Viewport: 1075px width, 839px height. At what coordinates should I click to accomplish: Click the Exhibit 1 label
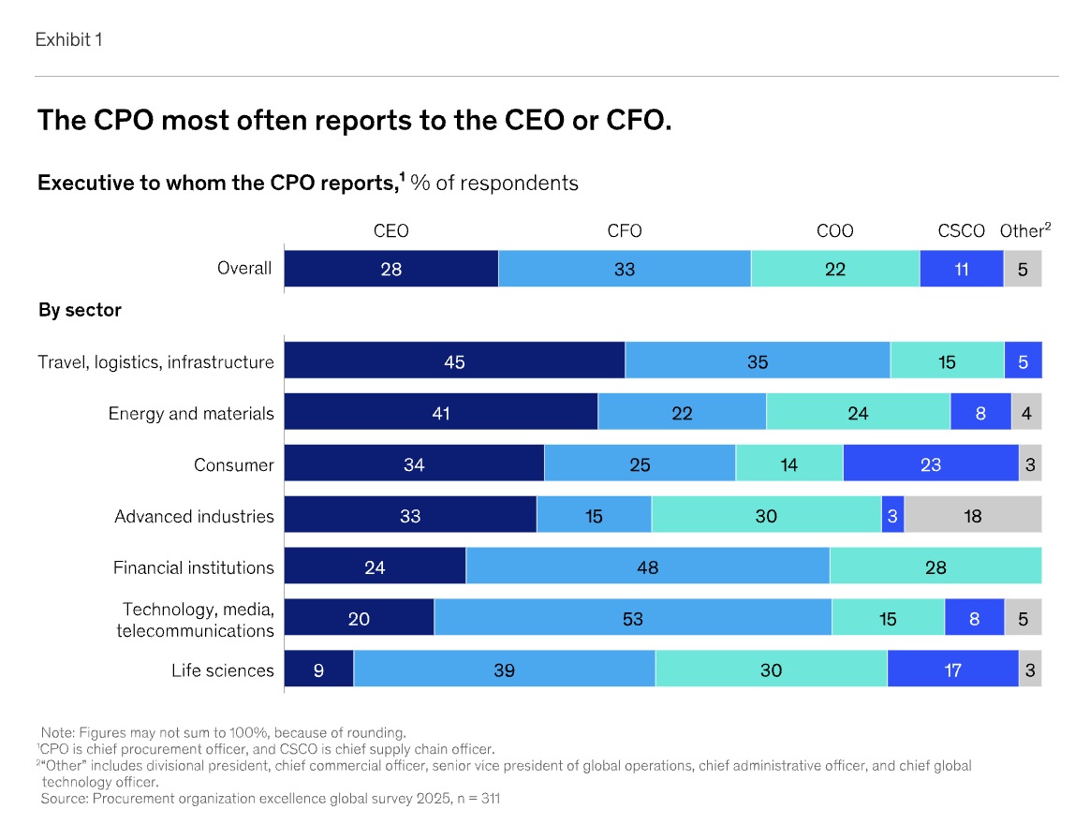click(68, 39)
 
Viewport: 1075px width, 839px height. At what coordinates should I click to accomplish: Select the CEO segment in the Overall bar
click(390, 269)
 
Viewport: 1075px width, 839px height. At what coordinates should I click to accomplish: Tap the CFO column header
click(625, 231)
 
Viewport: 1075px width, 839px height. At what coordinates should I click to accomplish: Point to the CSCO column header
click(961, 231)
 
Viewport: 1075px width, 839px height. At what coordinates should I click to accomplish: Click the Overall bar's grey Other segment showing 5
click(1023, 269)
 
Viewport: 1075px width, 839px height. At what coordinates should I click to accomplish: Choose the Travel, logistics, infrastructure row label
click(156, 362)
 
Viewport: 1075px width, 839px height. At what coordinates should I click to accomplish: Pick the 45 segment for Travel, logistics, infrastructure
click(454, 361)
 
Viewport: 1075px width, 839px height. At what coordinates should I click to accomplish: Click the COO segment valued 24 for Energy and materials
click(858, 413)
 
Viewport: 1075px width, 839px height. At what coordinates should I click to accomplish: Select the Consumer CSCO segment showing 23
click(930, 464)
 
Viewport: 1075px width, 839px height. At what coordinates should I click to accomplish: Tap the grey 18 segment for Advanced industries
click(972, 516)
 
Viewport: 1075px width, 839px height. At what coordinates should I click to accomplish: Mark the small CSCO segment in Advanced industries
click(892, 516)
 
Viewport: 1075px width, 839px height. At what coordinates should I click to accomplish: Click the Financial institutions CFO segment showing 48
click(647, 567)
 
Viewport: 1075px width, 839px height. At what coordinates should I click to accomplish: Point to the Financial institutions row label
click(194, 567)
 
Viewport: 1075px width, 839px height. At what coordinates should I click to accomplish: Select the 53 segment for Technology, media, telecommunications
click(632, 619)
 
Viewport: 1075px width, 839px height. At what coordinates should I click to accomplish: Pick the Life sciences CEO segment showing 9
click(318, 670)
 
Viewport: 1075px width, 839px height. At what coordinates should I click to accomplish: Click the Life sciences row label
click(223, 670)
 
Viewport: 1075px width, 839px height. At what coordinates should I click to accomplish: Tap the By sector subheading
click(80, 310)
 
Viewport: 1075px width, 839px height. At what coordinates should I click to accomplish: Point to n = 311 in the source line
click(477, 799)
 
